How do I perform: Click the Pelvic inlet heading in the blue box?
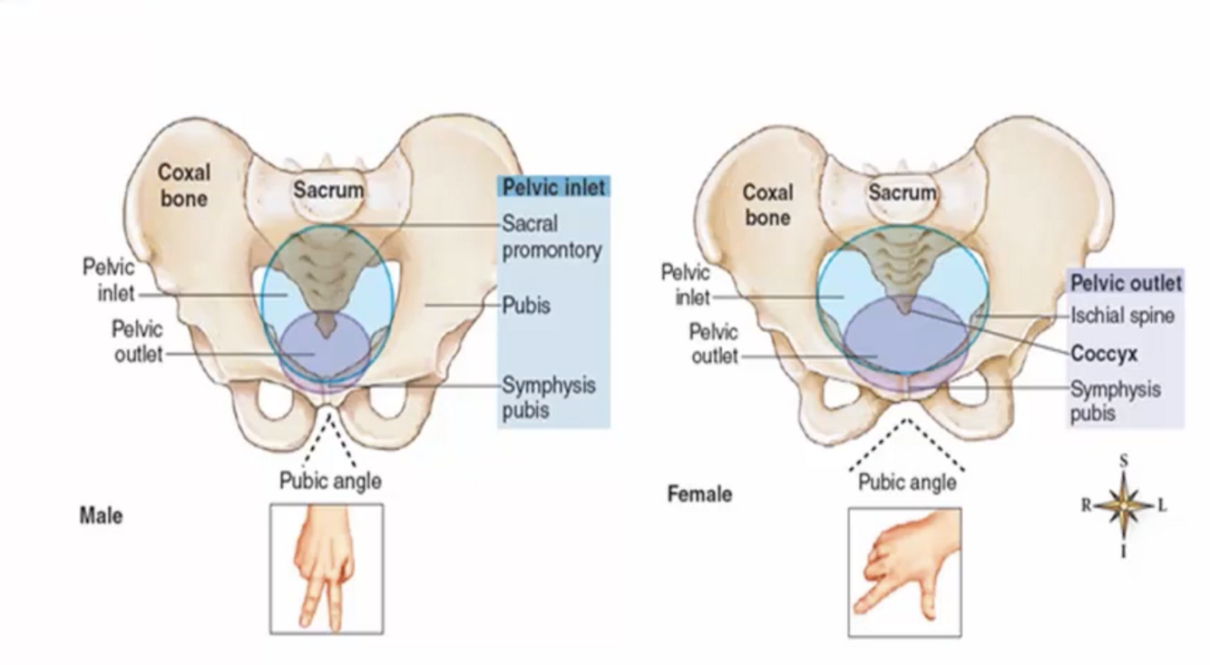pos(553,188)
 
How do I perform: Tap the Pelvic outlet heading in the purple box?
pos(1126,283)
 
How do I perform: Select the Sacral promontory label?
pos(551,236)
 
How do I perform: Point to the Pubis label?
pos(526,306)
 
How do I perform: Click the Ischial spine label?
pos(1122,316)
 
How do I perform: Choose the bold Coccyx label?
pos(1104,354)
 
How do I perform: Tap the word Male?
pos(101,516)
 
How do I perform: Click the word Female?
pos(699,494)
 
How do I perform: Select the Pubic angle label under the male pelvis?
pos(330,481)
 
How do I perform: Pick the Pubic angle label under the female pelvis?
pos(907,483)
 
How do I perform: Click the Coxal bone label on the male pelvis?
pos(184,185)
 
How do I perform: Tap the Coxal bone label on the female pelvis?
pos(767,204)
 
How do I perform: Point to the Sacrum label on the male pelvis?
pos(328,191)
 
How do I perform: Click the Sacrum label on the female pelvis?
pos(902,192)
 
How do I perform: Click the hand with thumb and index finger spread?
pos(904,572)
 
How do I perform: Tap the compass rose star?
pos(1124,504)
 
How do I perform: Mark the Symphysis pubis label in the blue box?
pos(549,397)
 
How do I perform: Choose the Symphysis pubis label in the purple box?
pos(1115,401)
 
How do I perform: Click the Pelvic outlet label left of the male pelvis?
pos(138,340)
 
